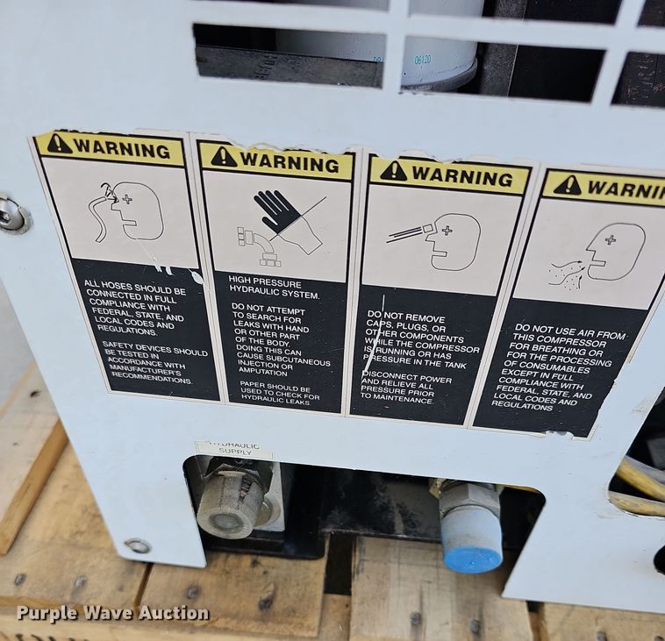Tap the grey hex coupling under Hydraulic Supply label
tap(231, 502)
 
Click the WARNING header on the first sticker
tap(109, 147)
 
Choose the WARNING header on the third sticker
tap(448, 175)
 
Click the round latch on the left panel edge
tap(12, 214)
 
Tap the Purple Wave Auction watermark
tap(112, 613)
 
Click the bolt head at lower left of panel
tap(137, 545)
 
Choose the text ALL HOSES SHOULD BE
tap(134, 288)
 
